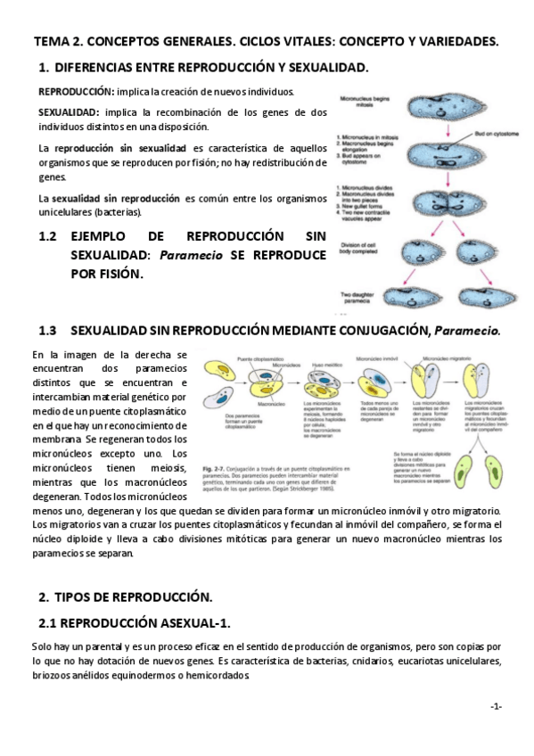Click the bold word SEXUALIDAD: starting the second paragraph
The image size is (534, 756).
click(69, 112)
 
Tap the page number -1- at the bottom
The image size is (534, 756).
click(496, 706)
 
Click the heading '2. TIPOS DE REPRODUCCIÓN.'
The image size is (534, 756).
click(125, 596)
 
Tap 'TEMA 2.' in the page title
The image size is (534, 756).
click(57, 42)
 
